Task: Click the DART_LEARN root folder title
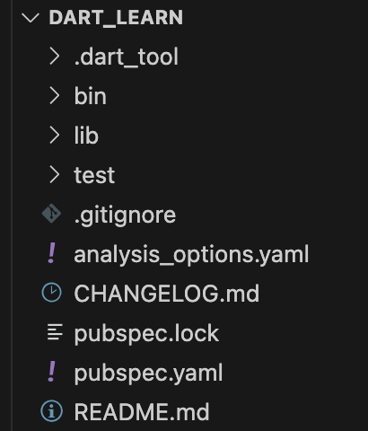click(116, 18)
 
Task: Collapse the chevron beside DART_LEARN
click(31, 18)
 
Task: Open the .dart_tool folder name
click(127, 57)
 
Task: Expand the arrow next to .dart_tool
click(55, 57)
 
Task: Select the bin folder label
click(91, 96)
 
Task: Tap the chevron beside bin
click(55, 96)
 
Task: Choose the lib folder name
click(86, 136)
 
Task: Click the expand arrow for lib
click(55, 136)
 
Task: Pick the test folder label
click(94, 175)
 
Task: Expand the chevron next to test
click(55, 175)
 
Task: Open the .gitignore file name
click(125, 215)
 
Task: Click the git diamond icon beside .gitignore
click(51, 214)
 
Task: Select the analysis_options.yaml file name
click(191, 255)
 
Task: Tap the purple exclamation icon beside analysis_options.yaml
click(52, 253)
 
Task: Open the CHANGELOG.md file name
click(167, 294)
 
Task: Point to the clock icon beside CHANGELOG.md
click(51, 293)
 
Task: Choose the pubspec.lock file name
click(146, 333)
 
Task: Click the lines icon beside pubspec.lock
click(55, 332)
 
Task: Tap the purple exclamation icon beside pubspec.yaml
click(52, 372)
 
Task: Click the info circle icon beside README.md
click(51, 411)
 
